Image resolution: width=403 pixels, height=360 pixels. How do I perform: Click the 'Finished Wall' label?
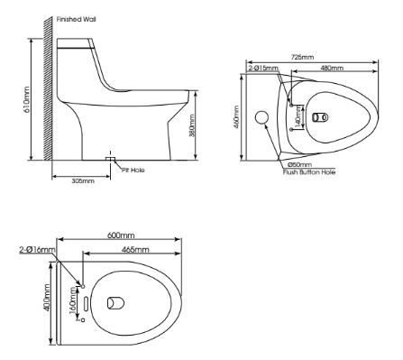[76, 18]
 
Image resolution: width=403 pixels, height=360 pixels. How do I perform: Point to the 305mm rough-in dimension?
[82, 180]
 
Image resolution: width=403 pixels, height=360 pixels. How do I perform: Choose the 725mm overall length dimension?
[303, 57]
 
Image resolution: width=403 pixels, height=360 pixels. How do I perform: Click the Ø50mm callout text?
[300, 165]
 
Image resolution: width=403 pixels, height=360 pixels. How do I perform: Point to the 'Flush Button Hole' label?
[309, 171]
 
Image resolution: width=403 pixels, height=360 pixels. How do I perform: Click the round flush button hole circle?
[263, 118]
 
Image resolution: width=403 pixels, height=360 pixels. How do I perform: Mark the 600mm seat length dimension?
[121, 235]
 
